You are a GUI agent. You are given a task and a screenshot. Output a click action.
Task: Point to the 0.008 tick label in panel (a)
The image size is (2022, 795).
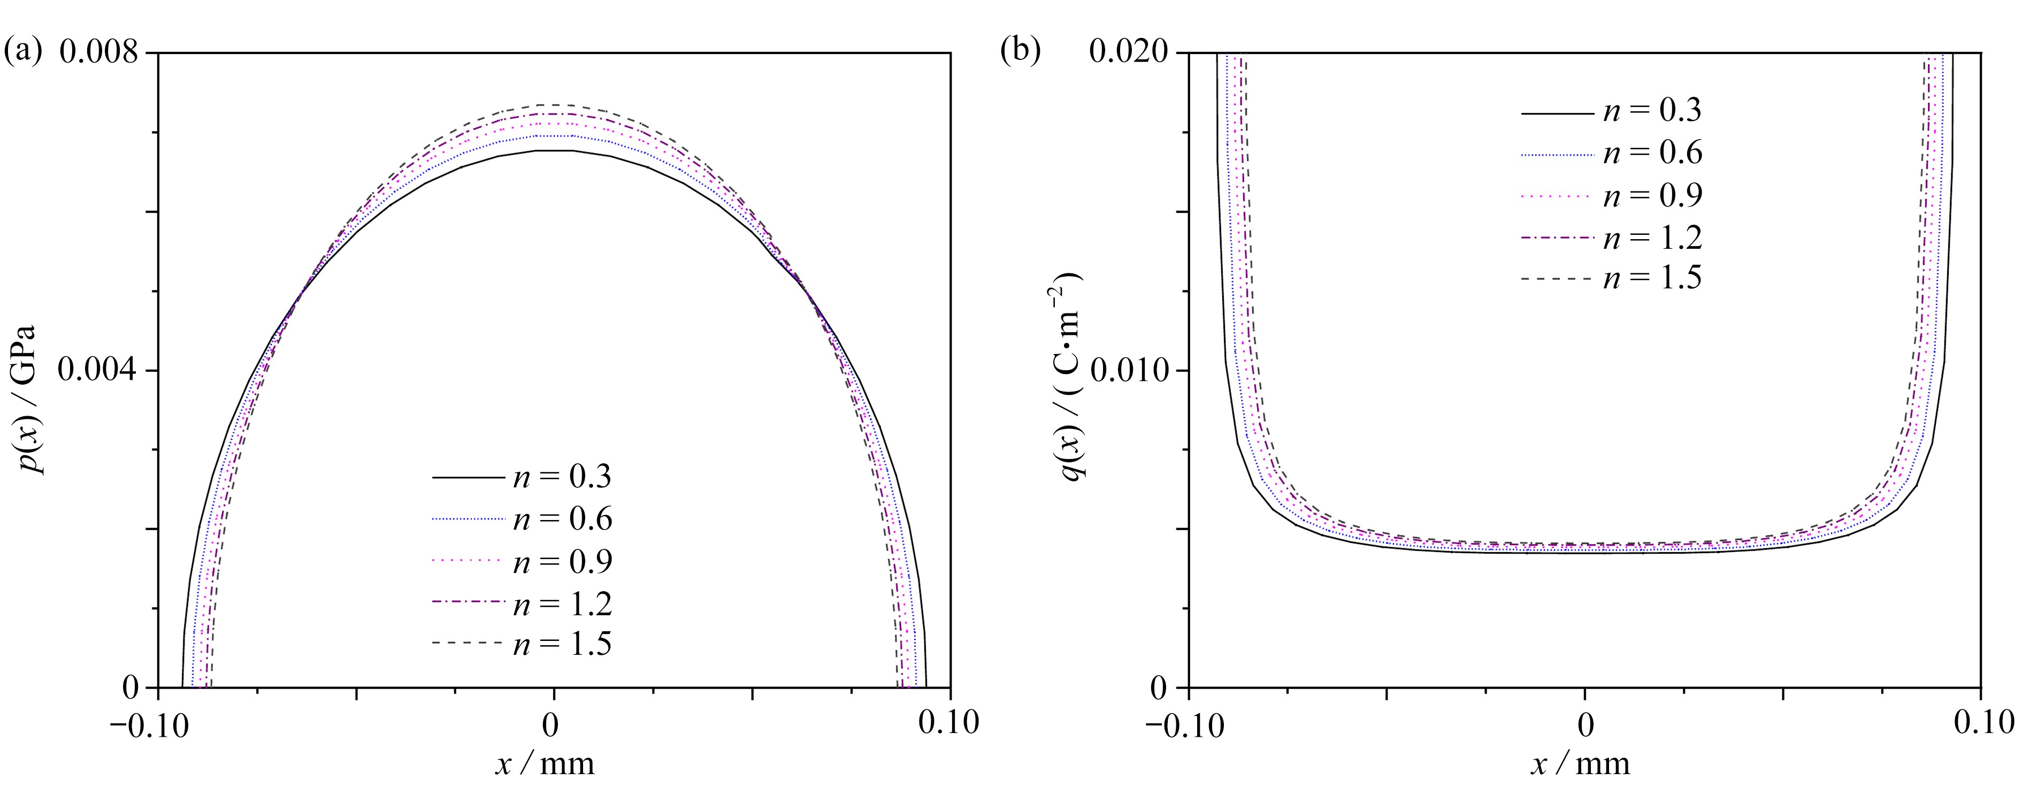(98, 52)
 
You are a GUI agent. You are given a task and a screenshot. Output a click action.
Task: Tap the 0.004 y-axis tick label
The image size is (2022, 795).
(98, 370)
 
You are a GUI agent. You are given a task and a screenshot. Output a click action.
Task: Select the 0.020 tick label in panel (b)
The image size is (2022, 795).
(1129, 52)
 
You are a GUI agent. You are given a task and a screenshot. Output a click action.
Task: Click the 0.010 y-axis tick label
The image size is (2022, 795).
(1129, 370)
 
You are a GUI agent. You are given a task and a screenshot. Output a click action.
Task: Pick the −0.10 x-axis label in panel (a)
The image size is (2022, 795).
(149, 724)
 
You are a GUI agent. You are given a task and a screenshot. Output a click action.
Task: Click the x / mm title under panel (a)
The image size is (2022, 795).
(545, 763)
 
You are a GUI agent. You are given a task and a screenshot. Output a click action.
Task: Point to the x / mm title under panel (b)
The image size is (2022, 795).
(1580, 763)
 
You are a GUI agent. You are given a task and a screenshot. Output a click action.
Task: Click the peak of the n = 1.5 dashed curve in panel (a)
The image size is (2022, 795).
(554, 104)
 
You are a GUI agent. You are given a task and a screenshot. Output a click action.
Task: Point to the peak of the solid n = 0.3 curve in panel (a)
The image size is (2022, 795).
(554, 150)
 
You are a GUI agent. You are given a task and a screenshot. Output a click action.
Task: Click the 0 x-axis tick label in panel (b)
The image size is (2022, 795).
(1586, 724)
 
